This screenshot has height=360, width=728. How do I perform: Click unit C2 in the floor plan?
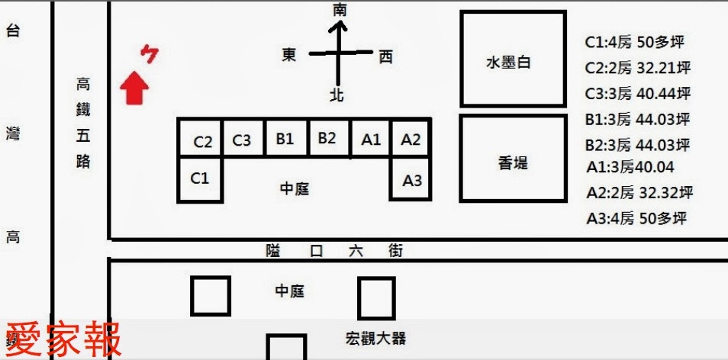202,140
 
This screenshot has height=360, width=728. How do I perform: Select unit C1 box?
199,178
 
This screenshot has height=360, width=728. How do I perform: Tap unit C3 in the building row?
242,140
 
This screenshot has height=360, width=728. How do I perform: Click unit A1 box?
370,139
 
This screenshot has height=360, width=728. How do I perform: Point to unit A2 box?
411,139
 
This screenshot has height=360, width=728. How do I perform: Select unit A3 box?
411,180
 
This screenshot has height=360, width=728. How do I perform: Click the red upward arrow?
135,87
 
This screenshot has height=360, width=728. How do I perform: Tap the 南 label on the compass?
340,10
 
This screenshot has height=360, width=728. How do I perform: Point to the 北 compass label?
337,95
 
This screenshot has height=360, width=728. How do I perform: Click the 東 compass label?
289,55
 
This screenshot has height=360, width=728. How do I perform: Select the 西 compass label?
385,56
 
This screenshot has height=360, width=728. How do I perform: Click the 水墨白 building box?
512,59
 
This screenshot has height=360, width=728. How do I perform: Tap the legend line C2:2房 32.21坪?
637,68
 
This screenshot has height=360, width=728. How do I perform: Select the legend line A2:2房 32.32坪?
639,192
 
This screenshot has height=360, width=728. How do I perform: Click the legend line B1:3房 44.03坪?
637,119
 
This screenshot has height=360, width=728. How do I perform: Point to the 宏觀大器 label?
376,338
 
